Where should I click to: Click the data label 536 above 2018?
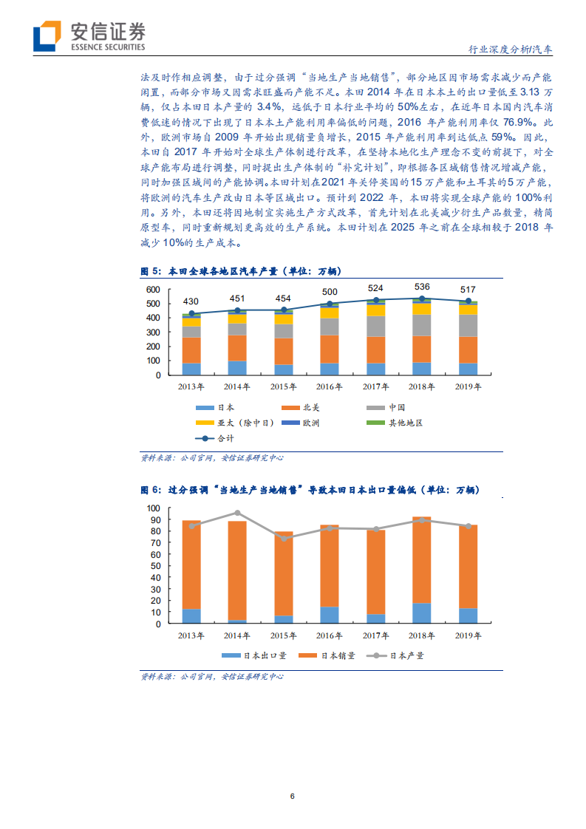tap(422, 287)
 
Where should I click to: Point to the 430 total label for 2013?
tap(191, 301)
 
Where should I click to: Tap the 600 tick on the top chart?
tap(153, 290)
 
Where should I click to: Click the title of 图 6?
tap(310, 490)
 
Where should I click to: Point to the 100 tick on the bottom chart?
tap(154, 508)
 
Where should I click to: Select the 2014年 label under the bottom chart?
tap(237, 636)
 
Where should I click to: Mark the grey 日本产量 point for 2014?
tap(237, 513)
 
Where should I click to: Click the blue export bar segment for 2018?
tap(422, 613)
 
